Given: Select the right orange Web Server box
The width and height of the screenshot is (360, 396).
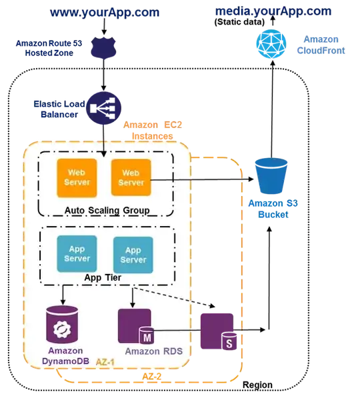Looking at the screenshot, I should click(x=131, y=177).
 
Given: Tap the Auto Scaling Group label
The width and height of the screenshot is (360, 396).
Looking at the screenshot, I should click(x=107, y=211).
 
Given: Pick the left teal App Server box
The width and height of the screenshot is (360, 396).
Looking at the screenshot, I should click(x=77, y=254).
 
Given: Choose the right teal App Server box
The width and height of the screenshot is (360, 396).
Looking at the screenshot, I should click(x=133, y=254).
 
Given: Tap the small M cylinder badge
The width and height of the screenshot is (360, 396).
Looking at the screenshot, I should click(x=145, y=333).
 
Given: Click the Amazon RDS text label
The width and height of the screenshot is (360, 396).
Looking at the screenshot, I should click(x=153, y=351).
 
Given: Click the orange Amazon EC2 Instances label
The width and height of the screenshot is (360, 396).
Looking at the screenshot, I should click(x=151, y=129).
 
